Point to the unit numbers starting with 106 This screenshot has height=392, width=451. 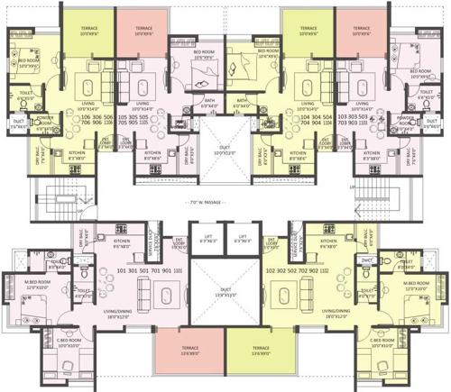click(x=97, y=122)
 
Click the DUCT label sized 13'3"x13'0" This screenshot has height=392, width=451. click(x=225, y=291)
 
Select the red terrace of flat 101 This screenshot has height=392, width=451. click(x=178, y=354)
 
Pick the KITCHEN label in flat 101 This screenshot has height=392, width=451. click(x=122, y=243)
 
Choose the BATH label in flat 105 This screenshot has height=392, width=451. click(x=208, y=101)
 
